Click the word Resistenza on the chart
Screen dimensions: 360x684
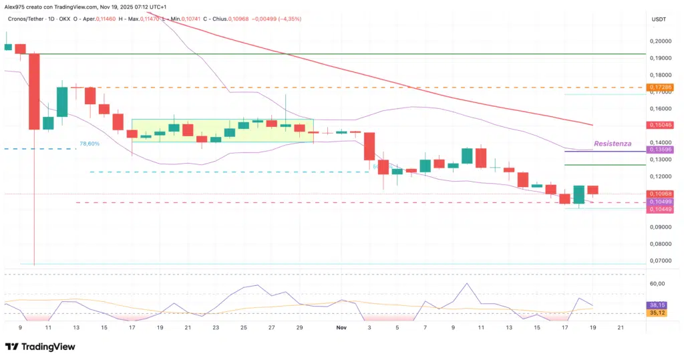[x=613, y=144]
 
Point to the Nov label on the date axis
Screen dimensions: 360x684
[x=341, y=327]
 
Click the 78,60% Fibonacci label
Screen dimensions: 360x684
[x=90, y=144]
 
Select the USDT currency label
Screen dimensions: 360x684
[x=659, y=20]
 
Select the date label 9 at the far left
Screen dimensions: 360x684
[x=20, y=327]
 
